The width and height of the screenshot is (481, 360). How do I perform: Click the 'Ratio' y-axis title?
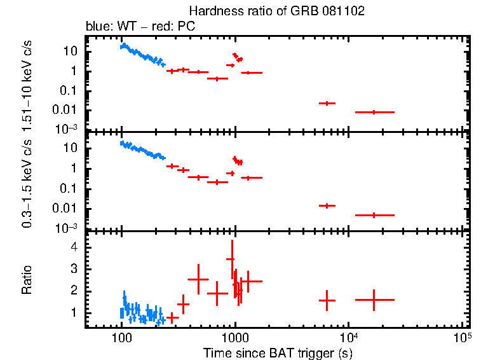coord(27,280)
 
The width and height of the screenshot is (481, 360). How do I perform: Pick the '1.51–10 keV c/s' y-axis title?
coord(27,83)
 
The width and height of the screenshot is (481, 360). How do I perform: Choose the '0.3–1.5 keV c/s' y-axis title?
coord(27,184)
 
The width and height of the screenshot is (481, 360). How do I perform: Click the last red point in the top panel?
coord(374,112)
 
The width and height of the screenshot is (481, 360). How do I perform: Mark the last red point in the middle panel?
coord(374,215)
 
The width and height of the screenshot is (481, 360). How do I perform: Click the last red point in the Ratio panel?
coord(374,300)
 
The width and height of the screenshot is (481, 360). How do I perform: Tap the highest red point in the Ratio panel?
coord(231,259)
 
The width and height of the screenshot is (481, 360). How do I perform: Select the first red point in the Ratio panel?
coord(172,317)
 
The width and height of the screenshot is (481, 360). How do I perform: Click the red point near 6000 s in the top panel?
coord(327,103)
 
